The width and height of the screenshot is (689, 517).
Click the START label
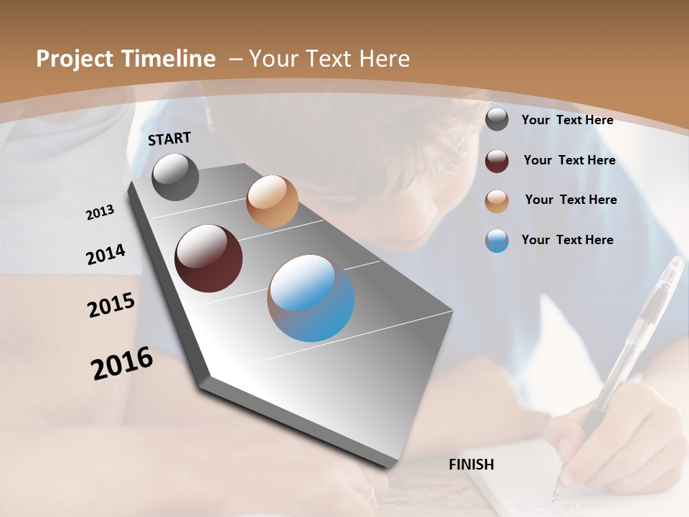(169, 139)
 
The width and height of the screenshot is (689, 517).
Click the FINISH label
(472, 465)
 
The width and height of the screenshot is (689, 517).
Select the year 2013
(100, 213)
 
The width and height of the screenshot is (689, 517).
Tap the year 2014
(106, 255)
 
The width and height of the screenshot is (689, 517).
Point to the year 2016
(122, 363)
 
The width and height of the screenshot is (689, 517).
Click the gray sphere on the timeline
(175, 177)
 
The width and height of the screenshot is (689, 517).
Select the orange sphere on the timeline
(272, 201)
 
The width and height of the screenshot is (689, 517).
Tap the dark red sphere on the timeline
(208, 258)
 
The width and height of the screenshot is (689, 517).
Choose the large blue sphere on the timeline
(311, 298)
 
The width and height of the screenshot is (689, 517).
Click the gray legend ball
(497, 119)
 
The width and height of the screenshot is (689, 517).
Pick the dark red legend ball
(497, 161)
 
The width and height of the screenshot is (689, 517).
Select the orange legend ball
(497, 201)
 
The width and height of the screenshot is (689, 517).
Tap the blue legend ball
(497, 241)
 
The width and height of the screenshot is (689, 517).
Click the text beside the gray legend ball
(567, 120)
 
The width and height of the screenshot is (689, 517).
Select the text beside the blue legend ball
(567, 240)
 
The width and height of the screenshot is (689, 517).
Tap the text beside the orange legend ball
(571, 200)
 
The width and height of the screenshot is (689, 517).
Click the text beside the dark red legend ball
(569, 160)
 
